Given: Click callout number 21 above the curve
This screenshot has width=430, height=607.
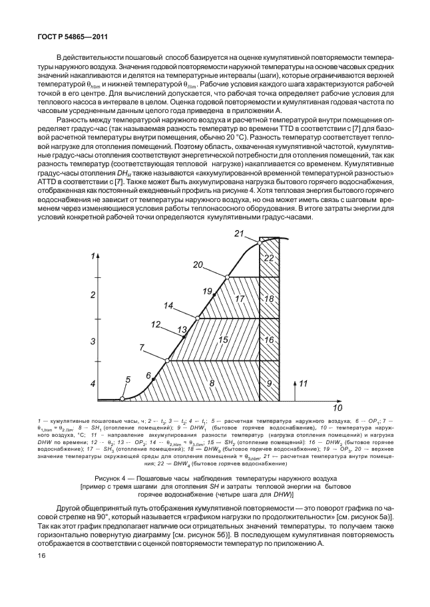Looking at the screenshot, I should tap(240, 233).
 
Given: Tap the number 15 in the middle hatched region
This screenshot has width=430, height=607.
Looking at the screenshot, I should tap(222, 340).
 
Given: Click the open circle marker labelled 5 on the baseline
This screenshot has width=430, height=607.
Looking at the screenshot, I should tap(122, 399).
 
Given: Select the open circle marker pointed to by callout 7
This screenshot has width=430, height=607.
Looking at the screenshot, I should tap(167, 360).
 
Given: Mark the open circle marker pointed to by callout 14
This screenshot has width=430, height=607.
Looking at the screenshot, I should tap(196, 318).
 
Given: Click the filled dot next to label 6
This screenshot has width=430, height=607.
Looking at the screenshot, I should tap(154, 378).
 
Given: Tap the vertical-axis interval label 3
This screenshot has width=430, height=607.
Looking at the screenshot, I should tap(94, 340).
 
